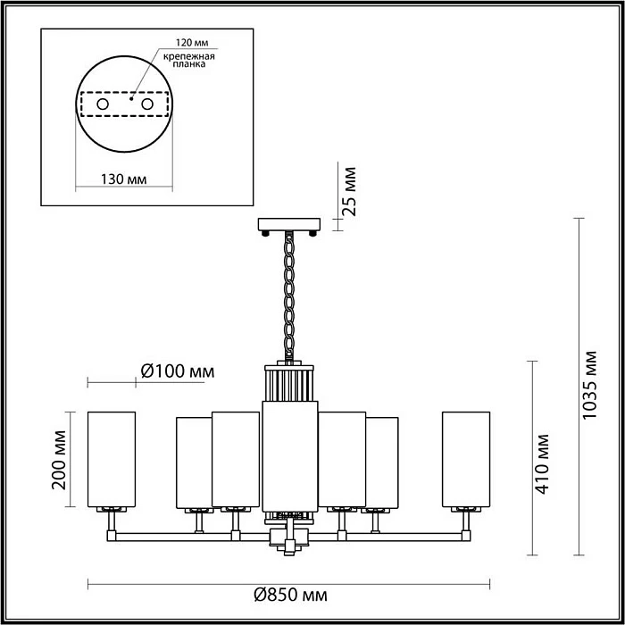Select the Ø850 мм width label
pyautogui.click(x=289, y=596)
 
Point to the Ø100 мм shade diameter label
pyautogui.click(x=179, y=371)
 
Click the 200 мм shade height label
pyautogui.click(x=60, y=460)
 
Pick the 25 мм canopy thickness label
pyautogui.click(x=351, y=191)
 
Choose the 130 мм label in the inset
pyautogui.click(x=123, y=179)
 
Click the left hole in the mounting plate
pyautogui.click(x=103, y=104)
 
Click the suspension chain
pyautogui.click(x=289, y=295)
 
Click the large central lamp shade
pyautogui.click(x=289, y=455)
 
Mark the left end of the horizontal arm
pyautogui.click(x=112, y=536)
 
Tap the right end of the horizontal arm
pyautogui.click(x=466, y=536)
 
